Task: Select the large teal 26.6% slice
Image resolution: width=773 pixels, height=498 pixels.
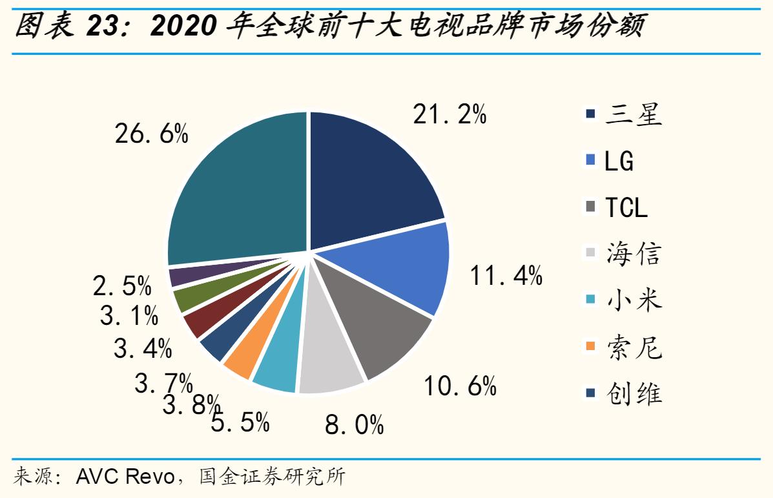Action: click(239, 194)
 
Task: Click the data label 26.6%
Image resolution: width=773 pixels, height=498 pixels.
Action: click(152, 134)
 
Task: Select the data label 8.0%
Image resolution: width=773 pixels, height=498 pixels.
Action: click(355, 425)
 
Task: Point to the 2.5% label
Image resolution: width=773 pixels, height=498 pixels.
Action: click(122, 285)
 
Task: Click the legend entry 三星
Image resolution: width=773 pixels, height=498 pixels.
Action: click(634, 115)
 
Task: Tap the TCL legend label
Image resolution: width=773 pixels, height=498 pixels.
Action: click(625, 207)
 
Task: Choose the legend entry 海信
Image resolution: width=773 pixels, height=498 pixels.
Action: click(634, 254)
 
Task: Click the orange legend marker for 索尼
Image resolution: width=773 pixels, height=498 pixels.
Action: click(590, 347)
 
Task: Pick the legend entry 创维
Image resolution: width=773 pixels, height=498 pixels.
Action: click(634, 393)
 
